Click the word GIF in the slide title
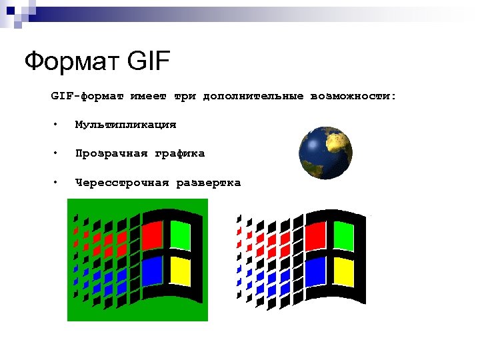pyautogui.click(x=147, y=63)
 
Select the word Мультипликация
pyautogui.click(x=125, y=125)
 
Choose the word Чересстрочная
pyautogui.click(x=121, y=183)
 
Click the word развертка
pyautogui.click(x=208, y=183)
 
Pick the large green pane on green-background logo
pyautogui.click(x=180, y=235)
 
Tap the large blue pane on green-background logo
pyautogui.click(x=152, y=270)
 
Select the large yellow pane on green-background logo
pyautogui.click(x=180, y=271)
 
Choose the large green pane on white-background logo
pyautogui.click(x=343, y=235)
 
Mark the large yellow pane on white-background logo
pyautogui.click(x=343, y=271)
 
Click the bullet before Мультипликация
pyautogui.click(x=58, y=125)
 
